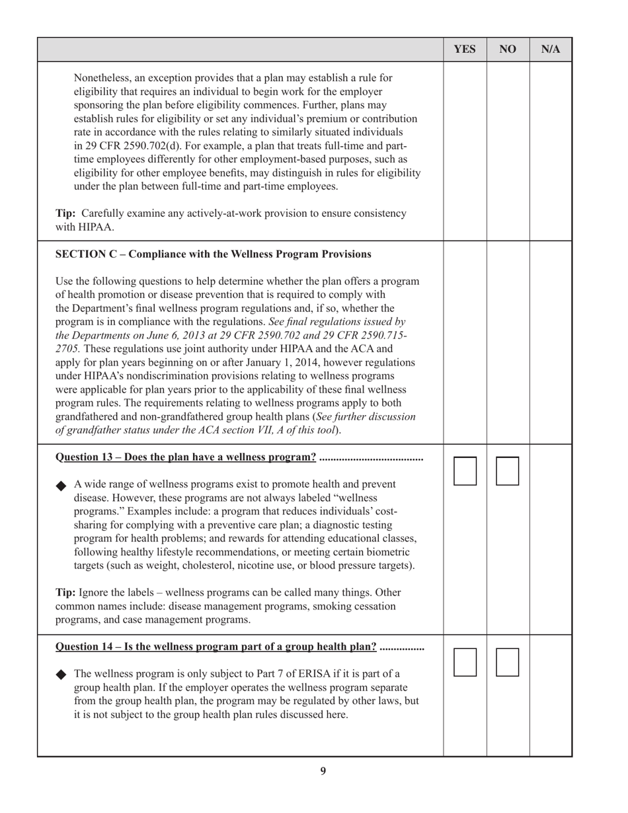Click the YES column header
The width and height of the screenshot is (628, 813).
[465, 50]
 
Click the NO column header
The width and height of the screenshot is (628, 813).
[508, 50]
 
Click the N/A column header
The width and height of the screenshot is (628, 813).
[551, 50]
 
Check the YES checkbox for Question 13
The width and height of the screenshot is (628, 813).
[465, 471]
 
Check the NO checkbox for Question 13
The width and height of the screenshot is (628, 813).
[508, 471]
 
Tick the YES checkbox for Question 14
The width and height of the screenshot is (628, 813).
[465, 662]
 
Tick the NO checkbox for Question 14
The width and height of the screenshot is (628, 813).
[508, 662]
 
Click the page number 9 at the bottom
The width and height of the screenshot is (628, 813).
[323, 771]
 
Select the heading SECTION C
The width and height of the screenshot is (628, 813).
[213, 254]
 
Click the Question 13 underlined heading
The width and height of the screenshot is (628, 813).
[186, 457]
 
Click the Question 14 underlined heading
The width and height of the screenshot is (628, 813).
[216, 646]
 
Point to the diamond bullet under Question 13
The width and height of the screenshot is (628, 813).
[61, 486]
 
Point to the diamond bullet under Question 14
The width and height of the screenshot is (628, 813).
[61, 675]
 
